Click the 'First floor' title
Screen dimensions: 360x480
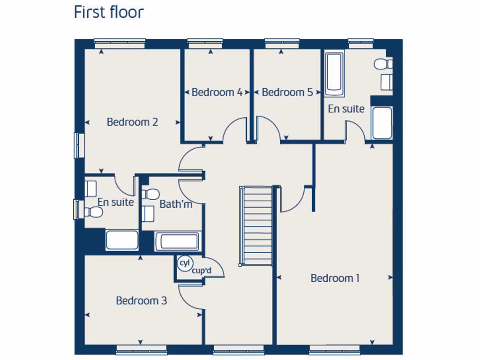tap(109, 12)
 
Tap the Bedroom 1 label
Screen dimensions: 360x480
tap(335, 278)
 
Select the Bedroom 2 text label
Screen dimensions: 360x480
tap(132, 122)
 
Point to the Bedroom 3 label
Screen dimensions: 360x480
tap(141, 300)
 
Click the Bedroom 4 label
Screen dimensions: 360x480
tap(217, 92)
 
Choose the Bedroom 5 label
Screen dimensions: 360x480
tap(287, 92)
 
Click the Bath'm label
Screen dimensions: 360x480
tap(175, 204)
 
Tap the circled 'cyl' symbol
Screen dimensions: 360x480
tap(184, 263)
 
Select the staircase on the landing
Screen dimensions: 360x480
tap(256, 225)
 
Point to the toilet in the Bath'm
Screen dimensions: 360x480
tap(151, 194)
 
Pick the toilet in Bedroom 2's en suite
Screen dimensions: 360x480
tap(93, 212)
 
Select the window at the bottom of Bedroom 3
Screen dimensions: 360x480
tap(141, 349)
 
